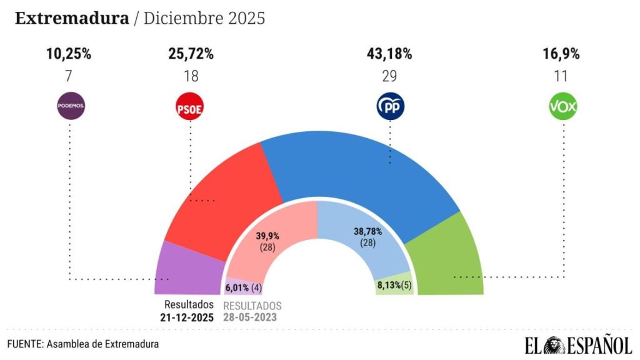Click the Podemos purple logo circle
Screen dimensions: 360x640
coord(71,106)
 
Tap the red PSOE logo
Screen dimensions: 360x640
coord(190,107)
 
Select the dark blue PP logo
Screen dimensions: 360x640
coord(390,107)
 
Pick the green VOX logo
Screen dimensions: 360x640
coord(562,107)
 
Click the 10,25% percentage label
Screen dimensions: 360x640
coord(69,54)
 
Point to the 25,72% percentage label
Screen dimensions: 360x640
coord(191,54)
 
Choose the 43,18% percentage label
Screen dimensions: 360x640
coord(389,54)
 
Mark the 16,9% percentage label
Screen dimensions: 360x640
coord(561,54)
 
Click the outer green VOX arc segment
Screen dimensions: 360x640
coord(450,262)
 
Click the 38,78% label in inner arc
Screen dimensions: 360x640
coord(367,231)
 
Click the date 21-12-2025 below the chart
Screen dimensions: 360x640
coord(187,317)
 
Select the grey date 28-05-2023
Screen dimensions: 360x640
coord(252,317)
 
